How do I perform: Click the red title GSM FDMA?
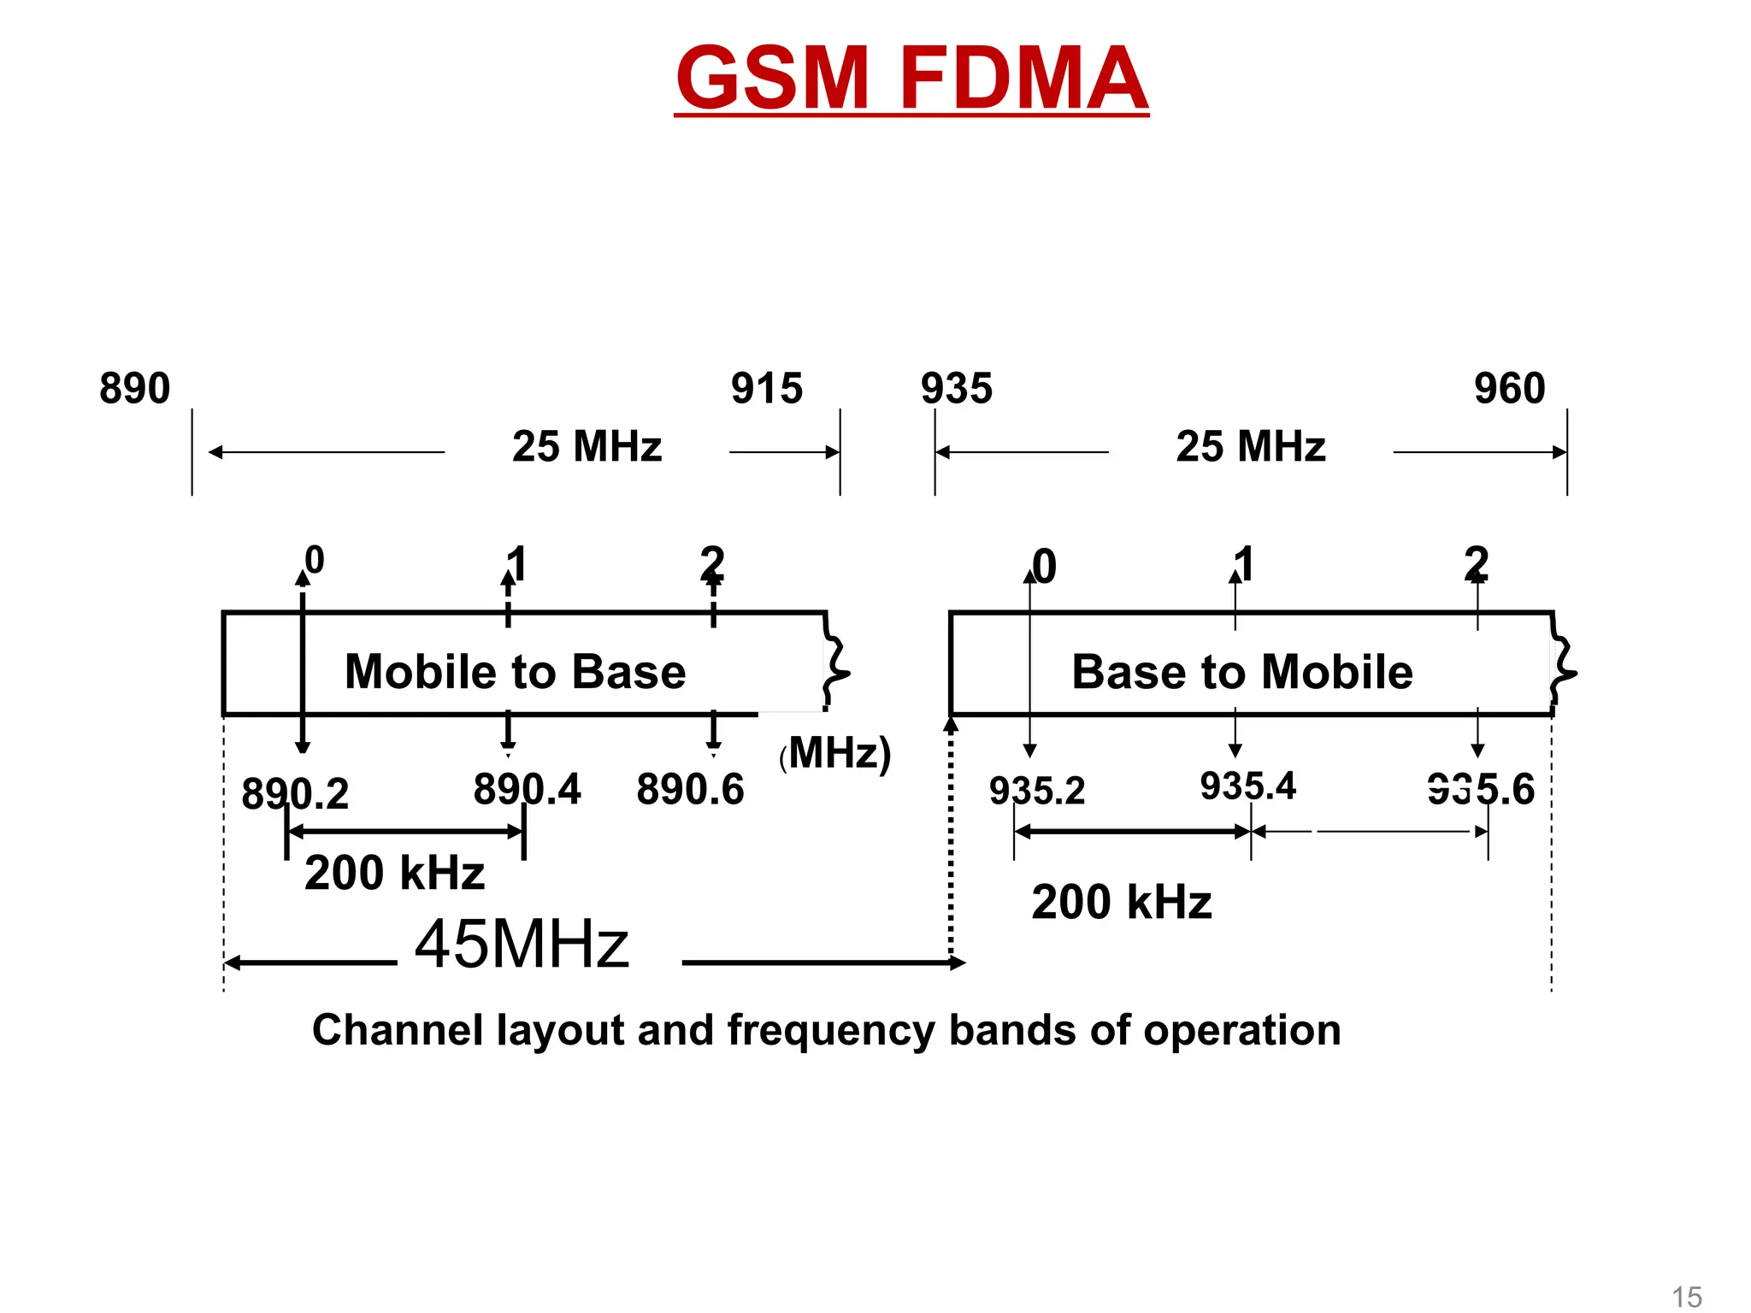911,78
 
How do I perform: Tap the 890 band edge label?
135,388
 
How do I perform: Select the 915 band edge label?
767,388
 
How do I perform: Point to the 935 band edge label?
957,388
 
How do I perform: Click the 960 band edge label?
1510,388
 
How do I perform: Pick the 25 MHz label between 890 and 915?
587,446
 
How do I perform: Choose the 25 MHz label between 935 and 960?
1251,446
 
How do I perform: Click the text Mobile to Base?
516,671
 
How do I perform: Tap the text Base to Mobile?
1242,671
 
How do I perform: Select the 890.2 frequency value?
295,794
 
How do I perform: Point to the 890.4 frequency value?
528,789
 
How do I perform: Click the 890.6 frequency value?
691,789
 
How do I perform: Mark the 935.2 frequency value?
1037,791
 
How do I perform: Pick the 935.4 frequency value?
1248,786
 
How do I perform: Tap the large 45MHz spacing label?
522,945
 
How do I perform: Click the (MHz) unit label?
836,753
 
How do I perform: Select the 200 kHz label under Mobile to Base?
395,873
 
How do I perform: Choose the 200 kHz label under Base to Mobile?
1122,902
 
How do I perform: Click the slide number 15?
1687,1297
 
